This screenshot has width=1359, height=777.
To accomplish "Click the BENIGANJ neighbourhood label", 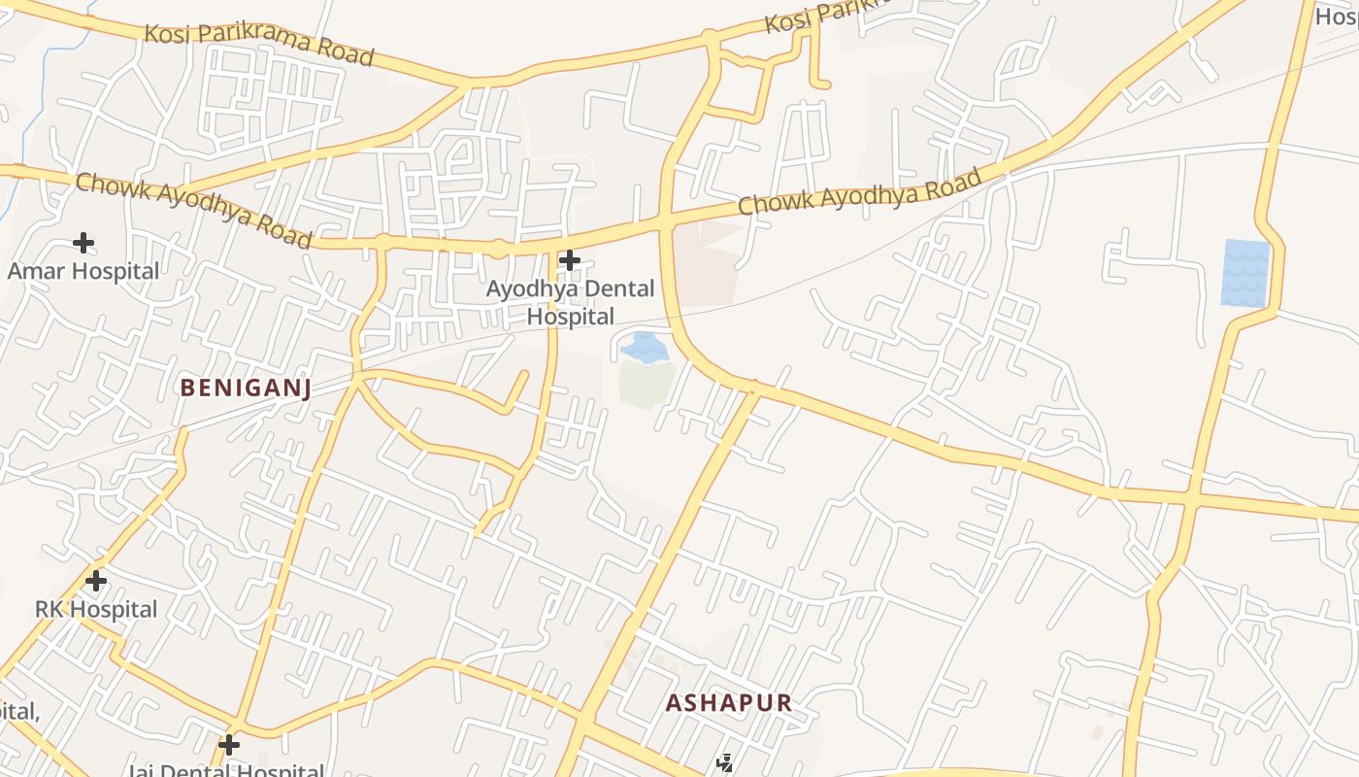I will (x=246, y=388).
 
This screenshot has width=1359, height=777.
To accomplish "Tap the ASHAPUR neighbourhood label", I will (x=729, y=702).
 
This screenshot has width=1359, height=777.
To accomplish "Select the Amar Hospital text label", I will (x=83, y=271).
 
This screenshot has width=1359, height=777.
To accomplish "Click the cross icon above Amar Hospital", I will (x=83, y=242).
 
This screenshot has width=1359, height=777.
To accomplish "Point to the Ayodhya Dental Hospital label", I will (x=571, y=302).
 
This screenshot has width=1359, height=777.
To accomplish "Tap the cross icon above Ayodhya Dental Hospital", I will (x=570, y=259).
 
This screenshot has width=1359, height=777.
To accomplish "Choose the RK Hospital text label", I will (x=96, y=609).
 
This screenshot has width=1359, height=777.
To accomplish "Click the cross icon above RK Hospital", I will (x=95, y=581).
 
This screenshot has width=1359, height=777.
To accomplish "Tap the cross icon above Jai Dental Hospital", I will (x=229, y=745).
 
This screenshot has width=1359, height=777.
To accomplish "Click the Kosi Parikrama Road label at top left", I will (x=259, y=45).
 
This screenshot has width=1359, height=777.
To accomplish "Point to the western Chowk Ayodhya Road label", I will (x=194, y=210).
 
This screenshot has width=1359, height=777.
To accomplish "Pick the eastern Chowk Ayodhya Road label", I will (x=860, y=191).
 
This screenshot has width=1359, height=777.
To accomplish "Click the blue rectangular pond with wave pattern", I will (x=1245, y=273).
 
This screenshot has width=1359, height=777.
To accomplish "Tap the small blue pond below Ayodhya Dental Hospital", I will (x=644, y=347).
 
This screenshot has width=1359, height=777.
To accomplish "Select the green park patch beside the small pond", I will (x=646, y=383).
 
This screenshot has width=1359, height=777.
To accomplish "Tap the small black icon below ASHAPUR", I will (x=724, y=763).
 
